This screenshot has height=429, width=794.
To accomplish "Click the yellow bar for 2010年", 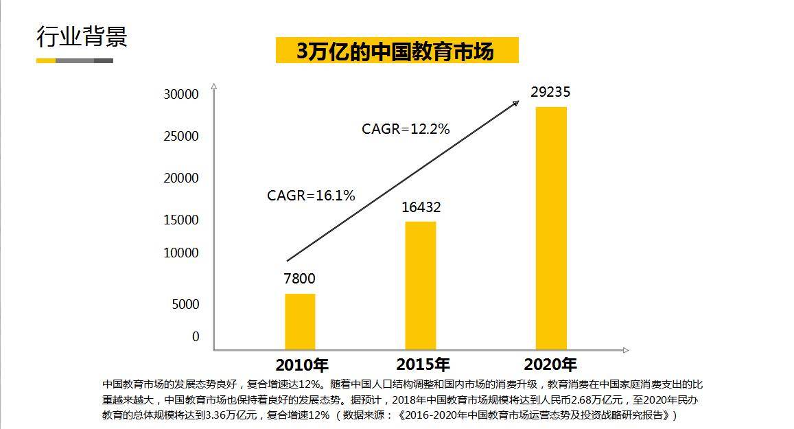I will click(x=300, y=321).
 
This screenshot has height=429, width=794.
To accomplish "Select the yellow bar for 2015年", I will click(x=420, y=285).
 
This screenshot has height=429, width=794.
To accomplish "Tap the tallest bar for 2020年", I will click(x=551, y=228).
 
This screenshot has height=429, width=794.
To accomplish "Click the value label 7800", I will click(x=299, y=278).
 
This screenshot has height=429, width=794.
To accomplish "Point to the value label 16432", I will click(x=421, y=207).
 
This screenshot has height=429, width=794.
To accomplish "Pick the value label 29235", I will click(x=550, y=92).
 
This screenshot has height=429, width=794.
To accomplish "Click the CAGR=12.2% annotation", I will click(x=406, y=128).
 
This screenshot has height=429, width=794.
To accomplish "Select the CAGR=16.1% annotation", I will click(x=311, y=196).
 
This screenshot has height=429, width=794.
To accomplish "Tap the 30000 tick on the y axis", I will click(x=181, y=95).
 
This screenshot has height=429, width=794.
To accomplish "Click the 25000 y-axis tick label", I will click(x=181, y=137).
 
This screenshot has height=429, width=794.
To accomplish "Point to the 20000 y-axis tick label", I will click(x=181, y=178).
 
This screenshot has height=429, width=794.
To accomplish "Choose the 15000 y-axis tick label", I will click(x=181, y=220).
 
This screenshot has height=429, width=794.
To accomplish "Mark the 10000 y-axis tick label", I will click(x=181, y=253).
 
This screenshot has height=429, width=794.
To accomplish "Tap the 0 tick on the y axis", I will click(x=196, y=336).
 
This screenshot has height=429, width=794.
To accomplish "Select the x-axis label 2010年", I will click(x=302, y=364).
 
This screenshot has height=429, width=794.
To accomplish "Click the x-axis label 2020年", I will click(x=550, y=364).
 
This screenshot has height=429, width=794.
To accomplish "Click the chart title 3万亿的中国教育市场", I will click(x=397, y=51).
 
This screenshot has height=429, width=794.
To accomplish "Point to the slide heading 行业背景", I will click(x=82, y=37).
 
